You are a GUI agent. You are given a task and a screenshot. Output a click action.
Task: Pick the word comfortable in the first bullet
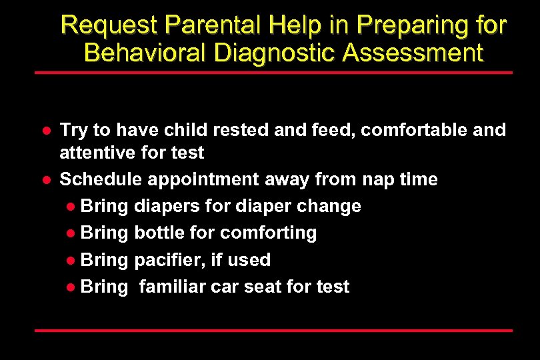pos(416,130)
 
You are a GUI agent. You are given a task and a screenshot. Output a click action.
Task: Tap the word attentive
pos(96,153)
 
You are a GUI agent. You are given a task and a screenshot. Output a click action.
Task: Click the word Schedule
pos(101,179)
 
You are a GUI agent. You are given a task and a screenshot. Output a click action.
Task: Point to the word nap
pos(378,179)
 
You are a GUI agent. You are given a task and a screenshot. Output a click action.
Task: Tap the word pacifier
pos(166,259)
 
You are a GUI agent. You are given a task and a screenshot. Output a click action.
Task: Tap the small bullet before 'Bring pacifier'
pos(71,260)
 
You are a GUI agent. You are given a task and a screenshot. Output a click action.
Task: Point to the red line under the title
pos(273,72)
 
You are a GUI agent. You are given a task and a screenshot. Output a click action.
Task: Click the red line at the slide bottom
pos(273,330)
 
